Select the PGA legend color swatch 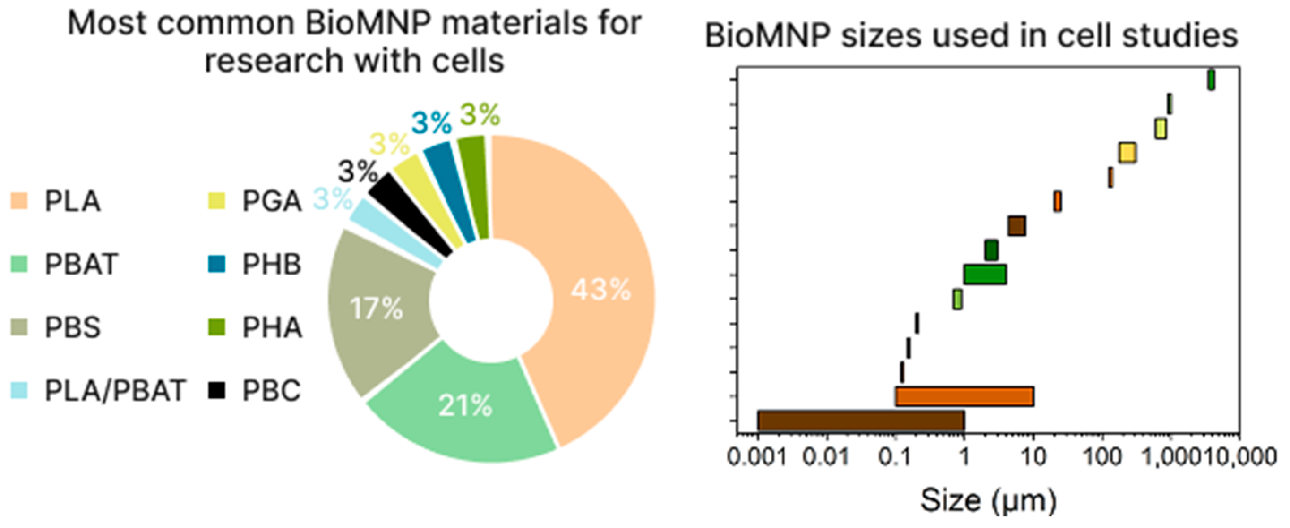coord(217,201)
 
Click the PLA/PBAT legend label coord(115,391)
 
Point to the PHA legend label coord(272,328)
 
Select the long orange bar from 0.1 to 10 coord(964,396)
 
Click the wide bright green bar coord(985,275)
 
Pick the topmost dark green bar coord(1211,80)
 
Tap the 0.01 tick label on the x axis coord(826,457)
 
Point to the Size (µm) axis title coord(988,500)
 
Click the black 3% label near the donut coord(357,172)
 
